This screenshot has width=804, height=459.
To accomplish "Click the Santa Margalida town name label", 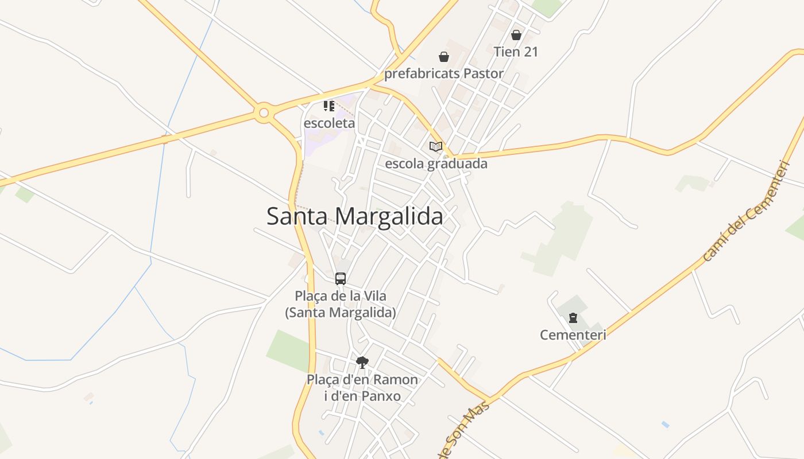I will [x=354, y=217].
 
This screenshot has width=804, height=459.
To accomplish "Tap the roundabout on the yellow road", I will [x=264, y=113].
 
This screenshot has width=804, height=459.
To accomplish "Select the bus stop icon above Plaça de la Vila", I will [x=341, y=279].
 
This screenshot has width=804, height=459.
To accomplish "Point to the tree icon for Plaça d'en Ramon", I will [x=362, y=362].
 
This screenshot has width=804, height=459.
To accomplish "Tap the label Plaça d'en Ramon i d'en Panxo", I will [x=362, y=388].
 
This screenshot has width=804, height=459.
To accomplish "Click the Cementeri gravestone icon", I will [x=573, y=317].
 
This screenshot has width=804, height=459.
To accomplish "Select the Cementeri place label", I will [x=573, y=334].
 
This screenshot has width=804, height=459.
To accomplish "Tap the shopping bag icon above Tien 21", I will [x=516, y=35].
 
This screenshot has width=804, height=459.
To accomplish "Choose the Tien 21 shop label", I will [x=516, y=52].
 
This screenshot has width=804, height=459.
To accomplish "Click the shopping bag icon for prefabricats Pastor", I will [x=443, y=57].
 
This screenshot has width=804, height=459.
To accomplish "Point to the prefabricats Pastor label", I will [x=443, y=73].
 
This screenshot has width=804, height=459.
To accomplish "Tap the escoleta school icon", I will [x=328, y=106].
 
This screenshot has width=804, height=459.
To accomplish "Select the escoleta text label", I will [x=329, y=123].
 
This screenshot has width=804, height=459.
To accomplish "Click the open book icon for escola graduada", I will [x=436, y=146].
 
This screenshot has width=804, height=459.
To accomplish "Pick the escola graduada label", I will [x=436, y=164].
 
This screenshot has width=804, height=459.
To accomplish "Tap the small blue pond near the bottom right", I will [x=665, y=425].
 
